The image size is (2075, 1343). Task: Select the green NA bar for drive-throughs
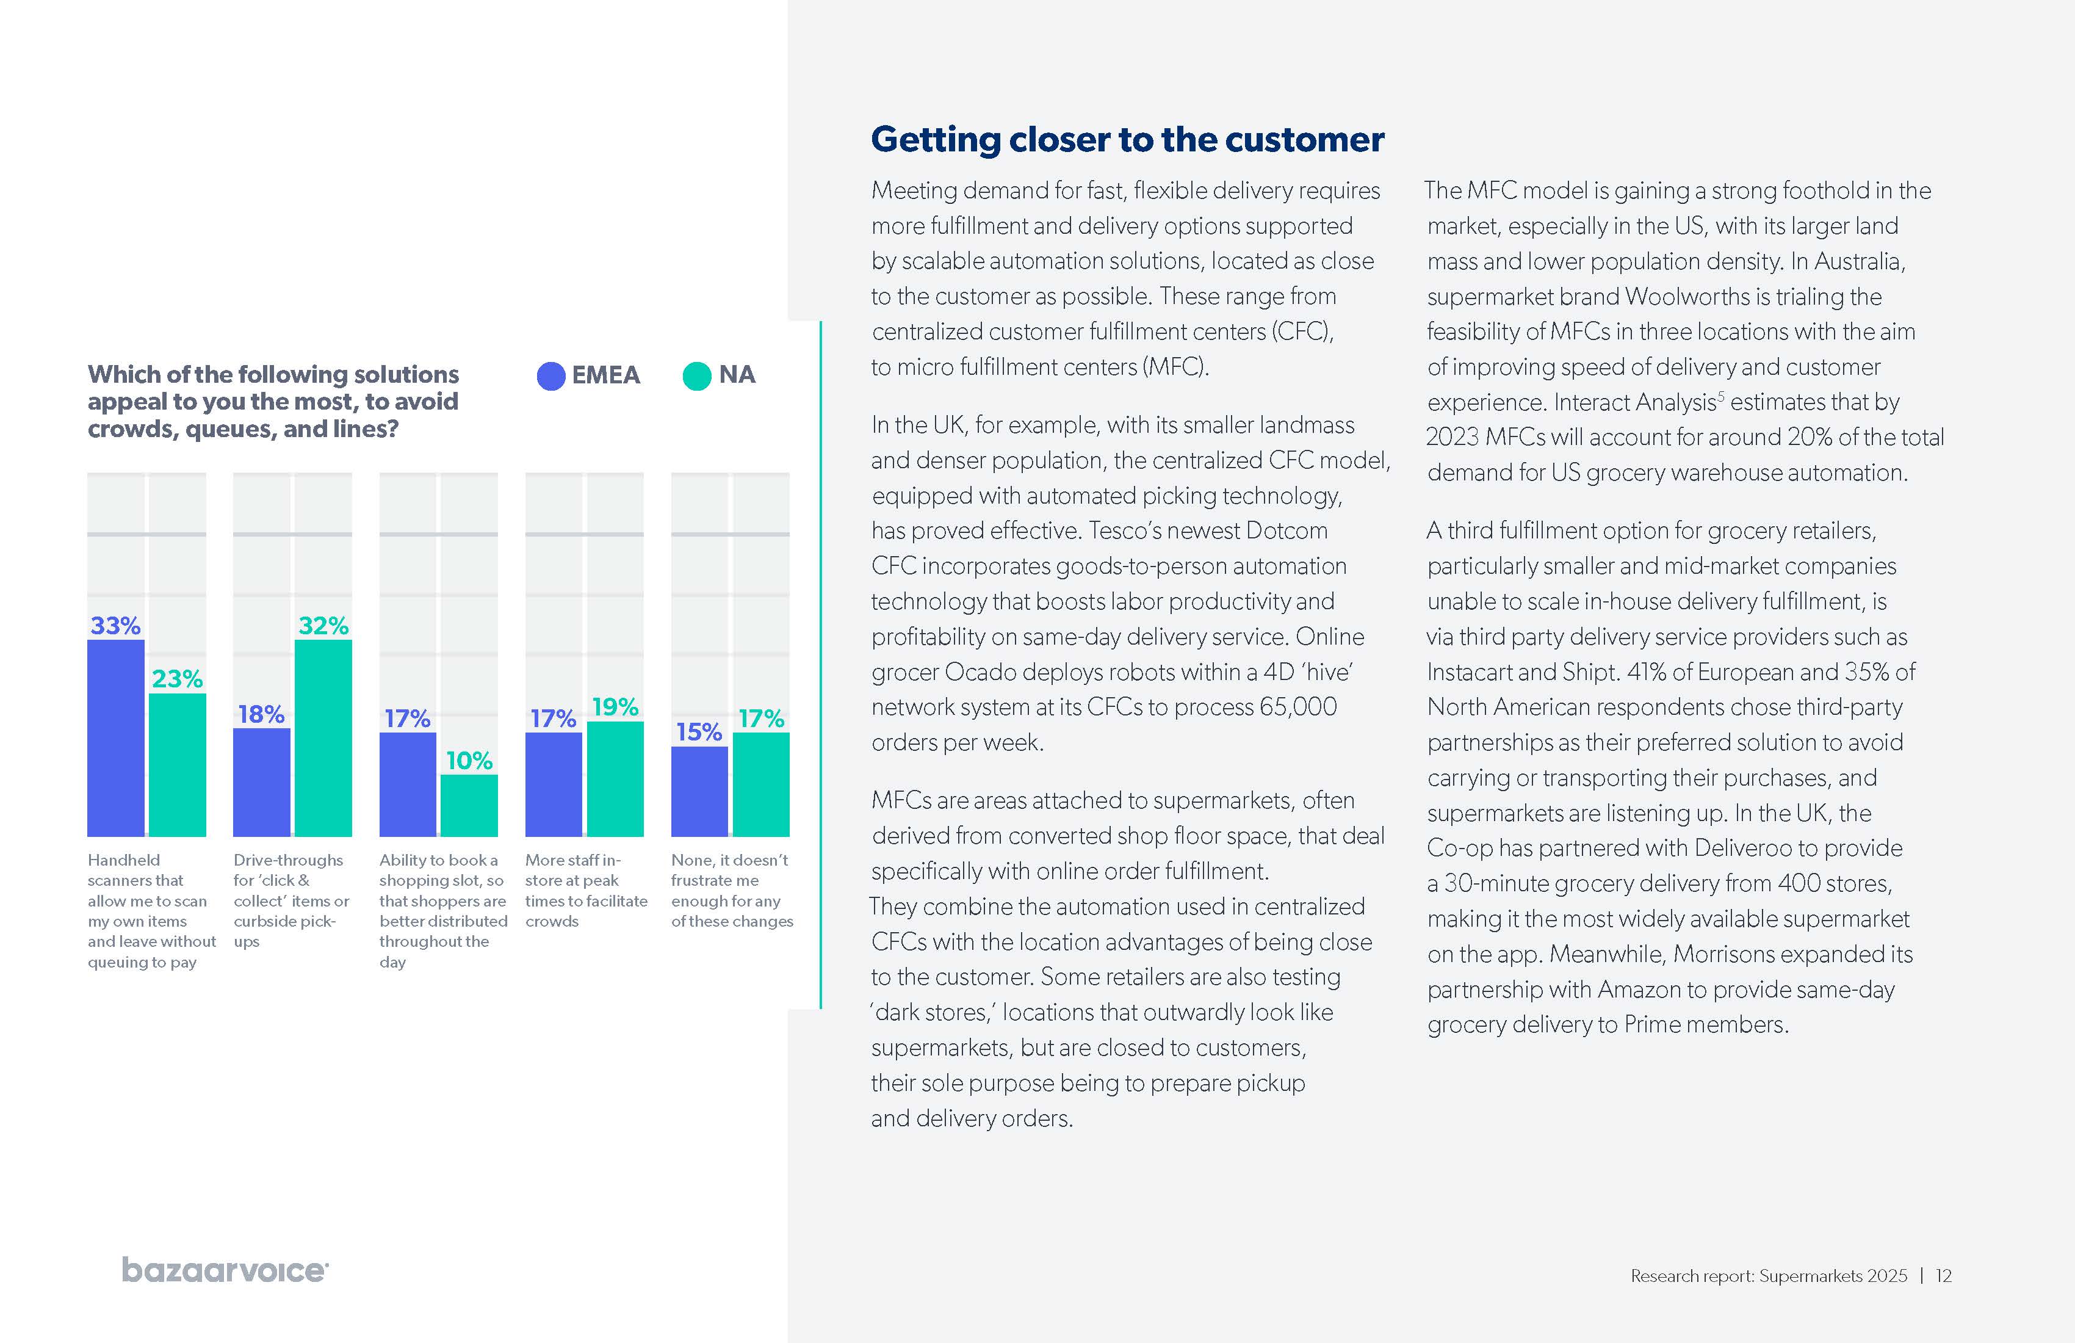[x=323, y=738]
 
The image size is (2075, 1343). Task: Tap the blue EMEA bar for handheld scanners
[x=115, y=738]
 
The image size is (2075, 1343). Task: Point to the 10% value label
[x=469, y=761]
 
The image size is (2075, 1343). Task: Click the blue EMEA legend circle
[x=551, y=376]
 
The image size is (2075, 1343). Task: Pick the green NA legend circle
[x=696, y=376]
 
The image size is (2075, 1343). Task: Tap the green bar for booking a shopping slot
[x=469, y=805]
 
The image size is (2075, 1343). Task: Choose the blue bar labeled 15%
[x=699, y=791]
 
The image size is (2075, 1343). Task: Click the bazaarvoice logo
[x=225, y=1270]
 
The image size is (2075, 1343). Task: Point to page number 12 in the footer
[x=1943, y=1276]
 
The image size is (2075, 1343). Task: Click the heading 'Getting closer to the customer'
[x=1127, y=140]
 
